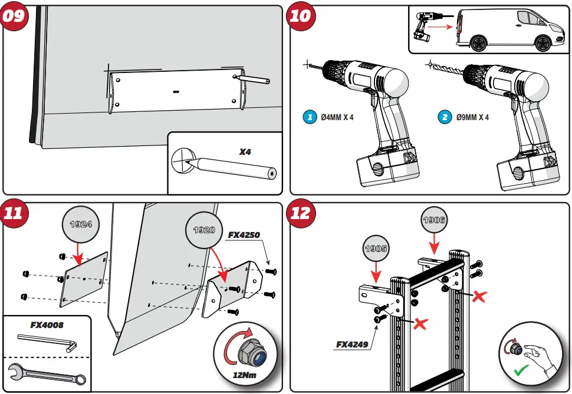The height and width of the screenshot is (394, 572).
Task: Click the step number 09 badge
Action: [x=14, y=15]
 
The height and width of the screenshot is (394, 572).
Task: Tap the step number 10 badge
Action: [x=300, y=15]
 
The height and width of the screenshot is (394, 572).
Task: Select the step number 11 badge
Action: [x=14, y=213]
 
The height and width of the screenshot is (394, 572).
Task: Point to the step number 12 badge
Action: [x=300, y=213]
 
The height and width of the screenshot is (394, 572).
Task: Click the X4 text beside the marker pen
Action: [x=245, y=151]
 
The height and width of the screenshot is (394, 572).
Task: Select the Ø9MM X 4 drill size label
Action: [x=473, y=117]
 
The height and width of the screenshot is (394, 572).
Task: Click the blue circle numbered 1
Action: [x=310, y=117]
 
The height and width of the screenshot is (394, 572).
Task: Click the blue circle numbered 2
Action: [x=444, y=117]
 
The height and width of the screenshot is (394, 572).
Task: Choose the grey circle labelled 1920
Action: [x=203, y=230]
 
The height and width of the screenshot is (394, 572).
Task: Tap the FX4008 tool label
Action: [x=47, y=325]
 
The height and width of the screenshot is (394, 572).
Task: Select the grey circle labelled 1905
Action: [x=376, y=249]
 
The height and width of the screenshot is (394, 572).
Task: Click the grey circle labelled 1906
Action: [x=433, y=220]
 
